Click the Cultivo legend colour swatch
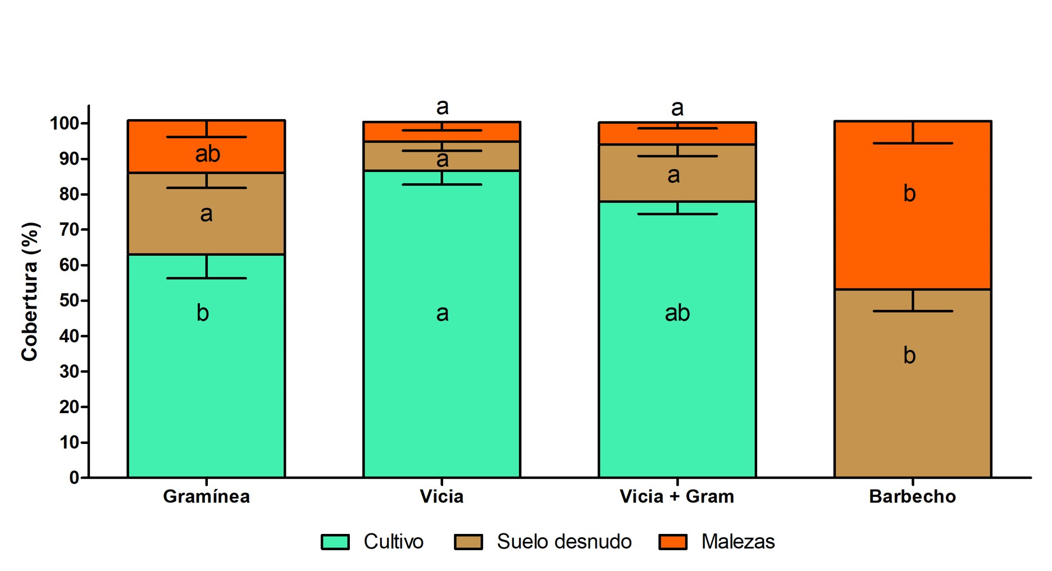335,542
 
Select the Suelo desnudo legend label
564,542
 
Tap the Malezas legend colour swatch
672,542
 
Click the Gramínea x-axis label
206,496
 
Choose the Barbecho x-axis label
912,496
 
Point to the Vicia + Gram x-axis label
677,496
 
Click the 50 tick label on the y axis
70,301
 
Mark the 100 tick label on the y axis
65,123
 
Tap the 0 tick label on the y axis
74,478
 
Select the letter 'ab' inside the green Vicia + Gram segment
677,313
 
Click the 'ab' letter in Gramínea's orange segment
207,154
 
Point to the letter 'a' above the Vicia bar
442,106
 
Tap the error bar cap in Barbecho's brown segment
913,311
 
